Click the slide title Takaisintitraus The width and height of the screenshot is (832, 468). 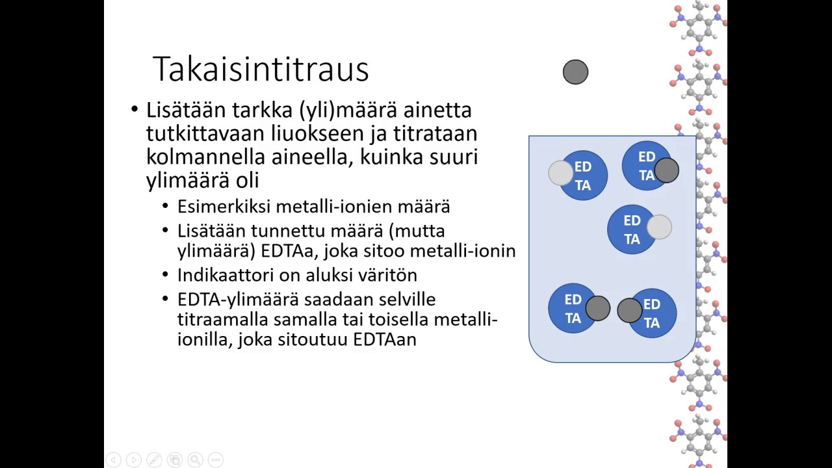pos(260,69)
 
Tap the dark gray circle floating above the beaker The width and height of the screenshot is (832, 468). pos(575,72)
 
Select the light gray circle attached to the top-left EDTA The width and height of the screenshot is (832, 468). pos(560,173)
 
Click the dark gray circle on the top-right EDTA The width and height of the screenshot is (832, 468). pos(666,170)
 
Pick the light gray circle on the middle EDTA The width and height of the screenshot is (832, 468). pos(659,227)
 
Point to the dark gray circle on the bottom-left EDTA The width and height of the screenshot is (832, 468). pos(597,309)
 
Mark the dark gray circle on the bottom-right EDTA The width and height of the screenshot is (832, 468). pos(629,311)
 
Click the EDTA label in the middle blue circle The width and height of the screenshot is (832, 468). pos(632,230)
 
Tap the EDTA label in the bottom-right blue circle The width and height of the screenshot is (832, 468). pos(651,313)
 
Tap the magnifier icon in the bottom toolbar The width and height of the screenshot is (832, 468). pos(195,460)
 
